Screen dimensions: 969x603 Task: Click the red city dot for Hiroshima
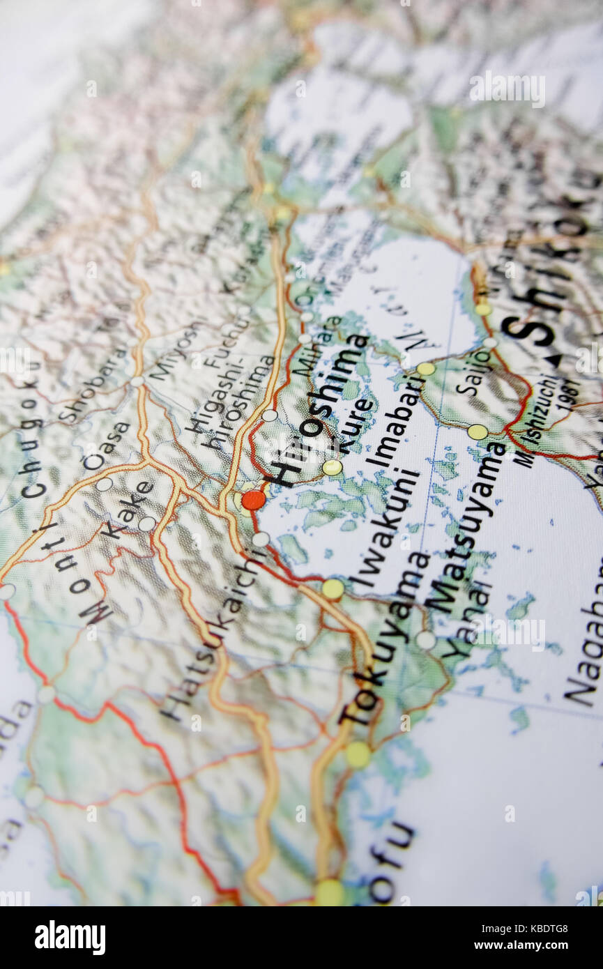coord(254,499)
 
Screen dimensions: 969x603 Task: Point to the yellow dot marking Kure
coord(332,467)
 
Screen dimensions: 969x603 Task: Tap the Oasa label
coord(106,445)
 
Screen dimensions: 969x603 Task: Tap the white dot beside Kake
coord(146,524)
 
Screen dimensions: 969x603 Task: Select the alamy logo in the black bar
coord(70,938)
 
